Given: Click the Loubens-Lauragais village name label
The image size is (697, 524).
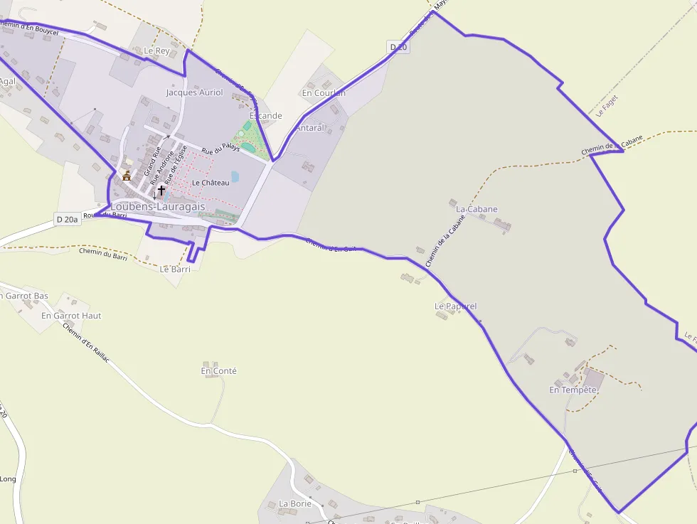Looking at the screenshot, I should [x=158, y=206].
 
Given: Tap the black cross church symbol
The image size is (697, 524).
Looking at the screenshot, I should [x=161, y=191].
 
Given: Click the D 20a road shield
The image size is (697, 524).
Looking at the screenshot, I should [x=67, y=220].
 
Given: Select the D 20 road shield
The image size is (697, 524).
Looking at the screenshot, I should [x=398, y=47].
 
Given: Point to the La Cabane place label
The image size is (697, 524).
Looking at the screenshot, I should [x=477, y=209].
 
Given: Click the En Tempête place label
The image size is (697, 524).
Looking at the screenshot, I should [x=573, y=390].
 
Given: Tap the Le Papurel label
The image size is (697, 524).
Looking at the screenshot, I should [x=455, y=306].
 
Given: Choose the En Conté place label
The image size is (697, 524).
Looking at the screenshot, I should [x=218, y=370].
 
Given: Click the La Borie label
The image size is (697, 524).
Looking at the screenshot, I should [x=295, y=503].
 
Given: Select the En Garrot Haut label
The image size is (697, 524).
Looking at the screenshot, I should [x=71, y=315].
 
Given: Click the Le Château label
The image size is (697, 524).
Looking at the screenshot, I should [x=211, y=183].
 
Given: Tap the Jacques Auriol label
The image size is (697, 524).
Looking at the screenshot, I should [x=194, y=92].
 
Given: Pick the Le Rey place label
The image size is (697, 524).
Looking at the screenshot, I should [x=157, y=50].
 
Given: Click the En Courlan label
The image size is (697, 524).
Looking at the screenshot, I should [x=324, y=93].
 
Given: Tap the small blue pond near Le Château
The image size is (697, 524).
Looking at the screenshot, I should [x=235, y=176].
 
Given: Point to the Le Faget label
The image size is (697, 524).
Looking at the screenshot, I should [x=607, y=105].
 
